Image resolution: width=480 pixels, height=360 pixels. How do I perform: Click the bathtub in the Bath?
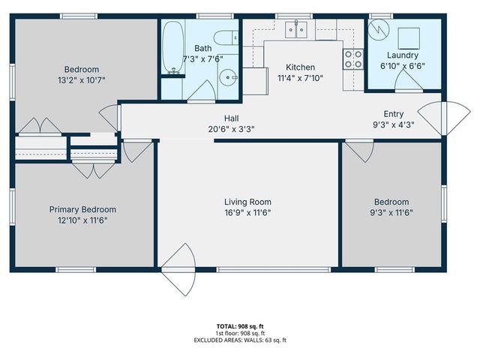coord(172,46)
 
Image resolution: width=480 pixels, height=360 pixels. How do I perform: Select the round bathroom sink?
coord(229,76)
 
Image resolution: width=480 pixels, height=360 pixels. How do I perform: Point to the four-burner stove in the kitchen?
coord(352,59)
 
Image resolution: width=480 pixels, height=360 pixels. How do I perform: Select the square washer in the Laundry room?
coord(409,37)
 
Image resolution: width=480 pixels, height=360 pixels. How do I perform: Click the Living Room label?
coord(247,202)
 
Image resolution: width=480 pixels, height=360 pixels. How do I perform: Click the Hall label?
coord(232,118)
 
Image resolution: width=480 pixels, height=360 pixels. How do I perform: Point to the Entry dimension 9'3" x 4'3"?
coord(393,124)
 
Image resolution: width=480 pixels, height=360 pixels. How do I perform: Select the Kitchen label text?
coord(301,67)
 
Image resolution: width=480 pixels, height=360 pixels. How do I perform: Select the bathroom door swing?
coord(200,90)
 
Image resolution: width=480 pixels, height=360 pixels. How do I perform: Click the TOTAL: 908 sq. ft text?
coord(240,326)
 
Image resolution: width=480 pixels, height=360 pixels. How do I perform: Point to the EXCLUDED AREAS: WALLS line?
coord(240,340)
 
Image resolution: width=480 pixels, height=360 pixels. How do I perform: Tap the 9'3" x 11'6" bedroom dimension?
coord(391,212)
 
